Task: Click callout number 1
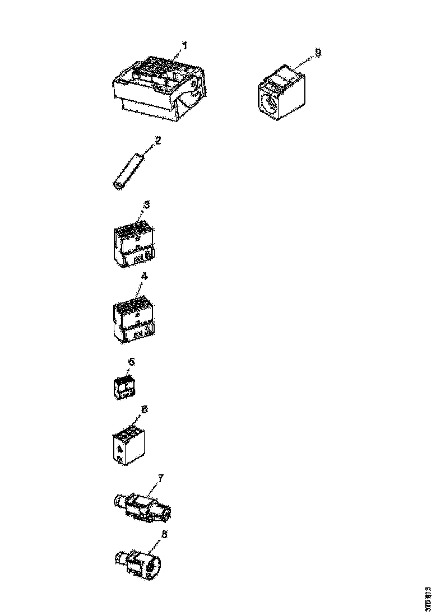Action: point(185,45)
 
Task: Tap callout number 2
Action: point(157,141)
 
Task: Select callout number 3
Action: point(146,205)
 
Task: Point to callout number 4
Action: point(144,276)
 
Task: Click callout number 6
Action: point(144,409)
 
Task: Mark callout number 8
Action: point(164,534)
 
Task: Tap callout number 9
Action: point(318,52)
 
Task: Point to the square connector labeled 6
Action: point(127,446)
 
